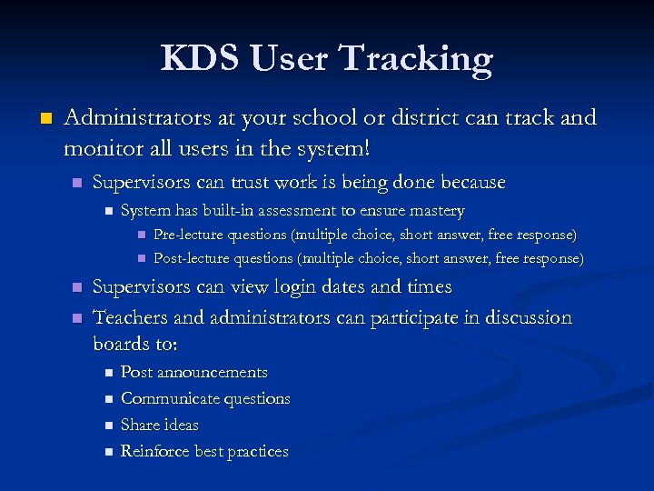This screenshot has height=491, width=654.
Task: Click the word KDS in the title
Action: point(201,59)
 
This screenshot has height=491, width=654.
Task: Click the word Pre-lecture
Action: point(187,235)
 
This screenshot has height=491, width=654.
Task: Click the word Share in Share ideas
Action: point(138,426)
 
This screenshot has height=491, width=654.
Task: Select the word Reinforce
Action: point(154,452)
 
